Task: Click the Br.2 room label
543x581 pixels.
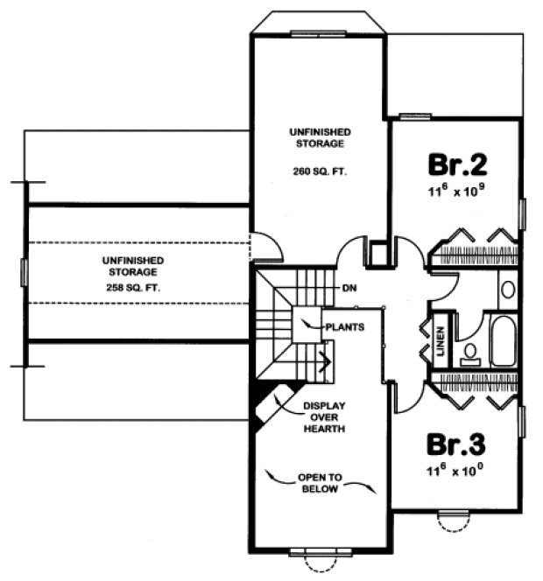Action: point(457,164)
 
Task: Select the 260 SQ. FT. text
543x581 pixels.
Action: point(320,172)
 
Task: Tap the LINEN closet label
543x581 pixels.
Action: point(441,337)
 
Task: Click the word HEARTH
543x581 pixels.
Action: point(321,430)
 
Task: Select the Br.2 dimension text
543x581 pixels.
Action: point(456,190)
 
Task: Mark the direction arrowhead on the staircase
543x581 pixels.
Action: point(326,358)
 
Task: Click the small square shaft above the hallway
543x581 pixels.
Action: point(379,254)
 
